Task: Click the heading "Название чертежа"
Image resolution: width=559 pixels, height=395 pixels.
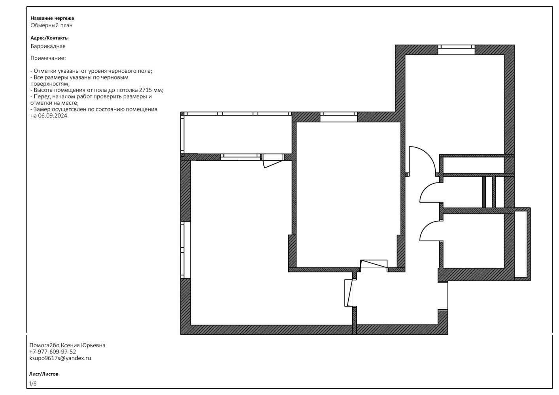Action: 52,18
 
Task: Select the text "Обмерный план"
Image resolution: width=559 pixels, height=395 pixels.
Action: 51,25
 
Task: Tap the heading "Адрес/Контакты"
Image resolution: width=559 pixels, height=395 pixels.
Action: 49,38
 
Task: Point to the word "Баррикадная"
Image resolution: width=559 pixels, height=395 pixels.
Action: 48,46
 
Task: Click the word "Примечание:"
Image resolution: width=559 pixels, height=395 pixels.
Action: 48,58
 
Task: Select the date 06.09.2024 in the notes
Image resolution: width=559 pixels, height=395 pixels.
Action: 53,116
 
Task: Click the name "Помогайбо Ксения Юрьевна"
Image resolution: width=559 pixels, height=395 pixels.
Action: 67,345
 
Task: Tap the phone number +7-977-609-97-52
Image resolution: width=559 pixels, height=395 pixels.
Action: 53,352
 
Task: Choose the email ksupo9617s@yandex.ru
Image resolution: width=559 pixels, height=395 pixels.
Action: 60,358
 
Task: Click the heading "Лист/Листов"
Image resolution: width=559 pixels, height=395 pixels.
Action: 43,374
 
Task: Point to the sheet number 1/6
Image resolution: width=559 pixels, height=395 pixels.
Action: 33,384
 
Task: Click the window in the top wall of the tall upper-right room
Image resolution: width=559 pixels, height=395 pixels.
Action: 457,50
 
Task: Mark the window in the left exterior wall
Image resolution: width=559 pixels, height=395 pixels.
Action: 185,250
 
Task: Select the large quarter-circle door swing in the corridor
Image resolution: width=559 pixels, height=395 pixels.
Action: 422,160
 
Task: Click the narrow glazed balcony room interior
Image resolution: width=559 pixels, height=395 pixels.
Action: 238,134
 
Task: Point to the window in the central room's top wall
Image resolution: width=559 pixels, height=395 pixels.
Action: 339,117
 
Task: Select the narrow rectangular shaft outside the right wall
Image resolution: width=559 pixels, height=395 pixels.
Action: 521,244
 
